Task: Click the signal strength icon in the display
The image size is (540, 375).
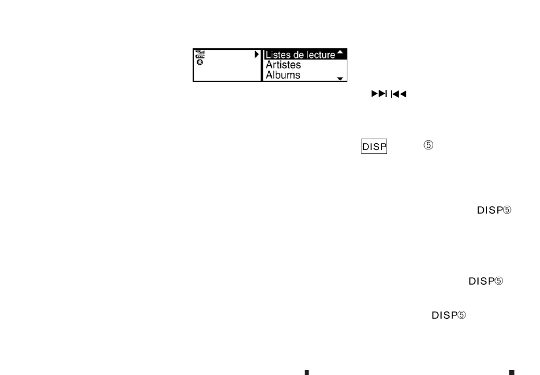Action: [200, 52]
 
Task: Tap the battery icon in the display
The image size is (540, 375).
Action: [200, 57]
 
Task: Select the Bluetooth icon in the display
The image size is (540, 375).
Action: [200, 62]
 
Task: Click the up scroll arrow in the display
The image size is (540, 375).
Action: [340, 52]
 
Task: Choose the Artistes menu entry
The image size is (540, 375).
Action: [283, 65]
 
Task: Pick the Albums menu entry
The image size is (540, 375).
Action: [283, 74]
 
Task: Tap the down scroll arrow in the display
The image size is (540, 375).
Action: [340, 78]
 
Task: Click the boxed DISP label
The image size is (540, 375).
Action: [374, 147]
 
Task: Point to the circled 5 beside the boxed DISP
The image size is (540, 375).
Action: [429, 145]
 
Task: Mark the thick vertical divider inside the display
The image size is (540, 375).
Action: [261, 65]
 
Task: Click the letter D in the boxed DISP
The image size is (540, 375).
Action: [365, 147]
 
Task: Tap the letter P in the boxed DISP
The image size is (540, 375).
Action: [383, 147]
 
